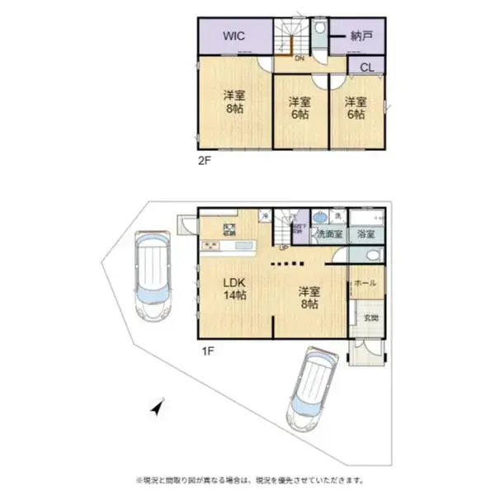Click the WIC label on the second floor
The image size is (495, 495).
pyautogui.click(x=233, y=36)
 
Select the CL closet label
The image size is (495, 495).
pyautogui.click(x=365, y=67)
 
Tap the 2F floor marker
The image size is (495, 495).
pyautogui.click(x=204, y=161)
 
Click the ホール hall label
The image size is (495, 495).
pyautogui.click(x=365, y=283)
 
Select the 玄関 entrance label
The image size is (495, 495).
pyautogui.click(x=370, y=318)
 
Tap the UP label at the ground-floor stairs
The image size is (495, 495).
pyautogui.click(x=283, y=247)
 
